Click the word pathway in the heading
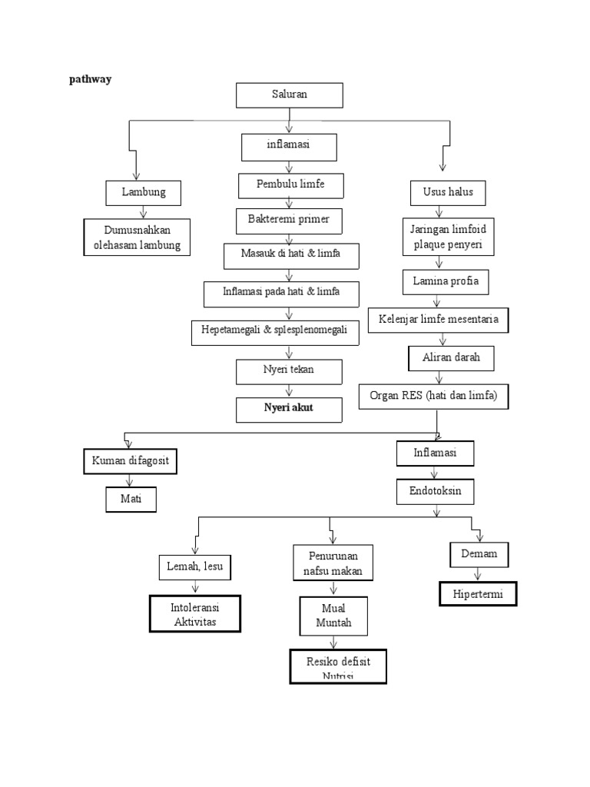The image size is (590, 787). point(91,79)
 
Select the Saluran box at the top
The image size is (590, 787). point(289,95)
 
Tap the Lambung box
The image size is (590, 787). point(143,192)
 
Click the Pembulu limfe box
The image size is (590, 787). point(290,185)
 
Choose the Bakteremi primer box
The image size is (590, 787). point(288,220)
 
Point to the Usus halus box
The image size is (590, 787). point(448,192)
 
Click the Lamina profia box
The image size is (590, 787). point(446,281)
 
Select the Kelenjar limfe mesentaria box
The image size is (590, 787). point(438,319)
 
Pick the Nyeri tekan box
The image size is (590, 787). point(287,370)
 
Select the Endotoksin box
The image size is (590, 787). point(435,492)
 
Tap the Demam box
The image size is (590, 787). point(479,554)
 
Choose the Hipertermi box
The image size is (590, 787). point(478,594)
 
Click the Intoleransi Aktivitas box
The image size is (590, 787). point(195,614)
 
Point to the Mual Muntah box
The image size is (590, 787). point(333,616)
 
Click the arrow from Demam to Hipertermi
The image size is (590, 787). point(479,574)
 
